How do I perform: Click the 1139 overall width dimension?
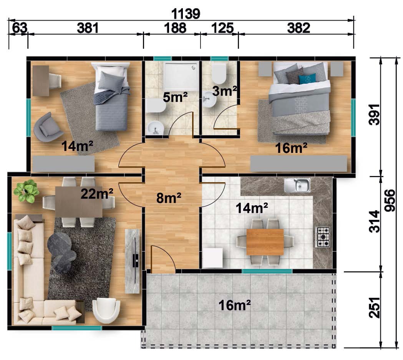(186, 13)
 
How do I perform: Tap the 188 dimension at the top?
(175, 28)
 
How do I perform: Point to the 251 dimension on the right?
(374, 307)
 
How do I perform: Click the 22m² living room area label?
(97, 194)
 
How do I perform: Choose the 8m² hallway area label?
(169, 198)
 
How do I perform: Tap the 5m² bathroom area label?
(175, 97)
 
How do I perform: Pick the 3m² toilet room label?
(224, 91)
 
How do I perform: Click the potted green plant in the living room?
(26, 191)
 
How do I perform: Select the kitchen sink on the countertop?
(297, 185)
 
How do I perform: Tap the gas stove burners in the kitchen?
(323, 237)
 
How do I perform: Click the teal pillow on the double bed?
(307, 79)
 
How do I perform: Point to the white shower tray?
(181, 77)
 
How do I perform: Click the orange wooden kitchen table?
(265, 242)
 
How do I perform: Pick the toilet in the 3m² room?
(219, 73)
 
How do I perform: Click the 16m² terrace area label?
(234, 305)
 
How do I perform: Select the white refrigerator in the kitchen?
(212, 258)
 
